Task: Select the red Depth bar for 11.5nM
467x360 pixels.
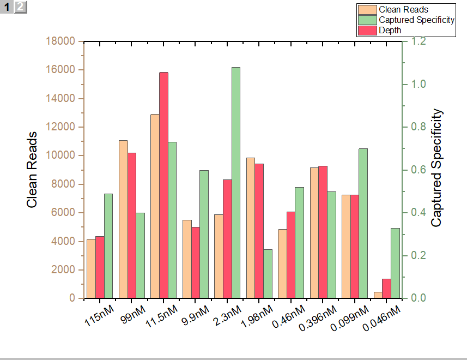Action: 163,185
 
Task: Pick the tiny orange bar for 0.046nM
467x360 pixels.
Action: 378,295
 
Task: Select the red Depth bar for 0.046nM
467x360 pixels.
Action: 386,289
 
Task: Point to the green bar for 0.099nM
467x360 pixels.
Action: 363,224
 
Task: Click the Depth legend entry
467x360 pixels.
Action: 390,31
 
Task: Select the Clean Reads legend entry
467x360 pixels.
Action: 403,9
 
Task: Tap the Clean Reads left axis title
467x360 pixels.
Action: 32,170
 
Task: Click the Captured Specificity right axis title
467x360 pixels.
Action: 436,168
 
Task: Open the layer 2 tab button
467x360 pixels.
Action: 20,7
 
